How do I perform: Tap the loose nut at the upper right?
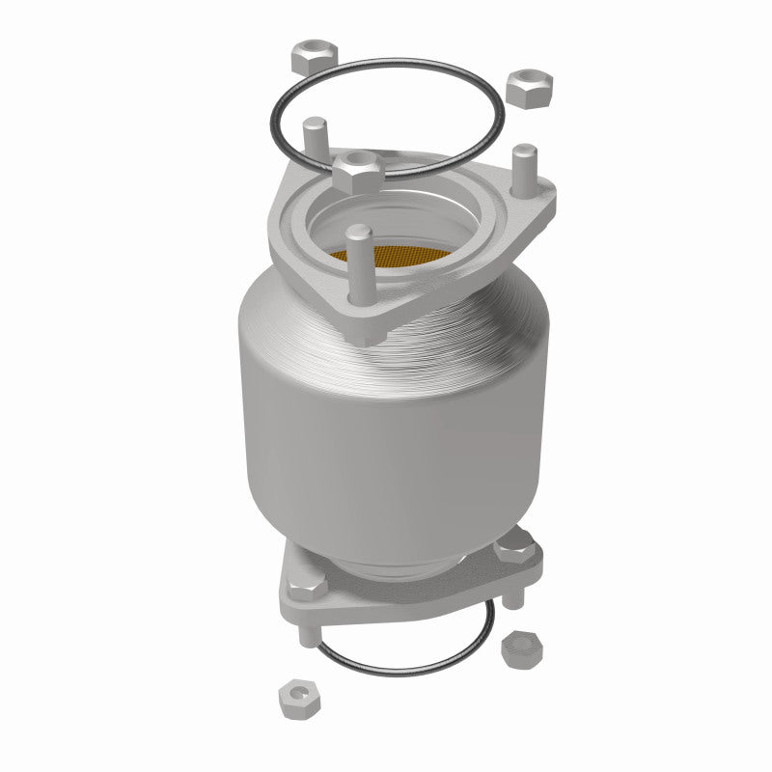(527, 88)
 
